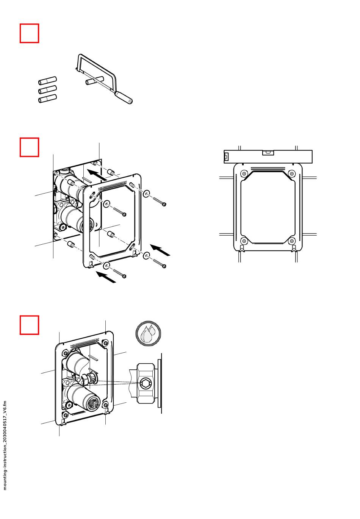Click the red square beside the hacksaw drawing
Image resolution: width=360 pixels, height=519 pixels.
pyautogui.click(x=29, y=33)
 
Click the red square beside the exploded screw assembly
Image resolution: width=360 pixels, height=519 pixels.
pyautogui.click(x=29, y=147)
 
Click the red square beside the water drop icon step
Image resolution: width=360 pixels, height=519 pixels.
pyautogui.click(x=29, y=325)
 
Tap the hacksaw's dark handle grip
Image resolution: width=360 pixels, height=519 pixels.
pyautogui.click(x=125, y=97)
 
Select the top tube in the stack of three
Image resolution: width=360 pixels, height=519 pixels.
pyautogui.click(x=47, y=81)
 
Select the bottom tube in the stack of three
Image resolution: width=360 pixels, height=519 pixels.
pyautogui.click(x=47, y=99)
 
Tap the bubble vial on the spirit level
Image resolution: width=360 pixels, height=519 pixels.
pyautogui.click(x=268, y=153)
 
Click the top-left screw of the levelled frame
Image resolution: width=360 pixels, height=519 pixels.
pyautogui.click(x=244, y=174)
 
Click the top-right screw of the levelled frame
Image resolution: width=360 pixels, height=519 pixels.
pyautogui.click(x=291, y=174)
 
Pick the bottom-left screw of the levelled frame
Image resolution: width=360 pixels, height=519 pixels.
pyautogui.click(x=244, y=241)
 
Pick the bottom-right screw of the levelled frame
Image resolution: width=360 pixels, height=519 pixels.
pyautogui.click(x=291, y=241)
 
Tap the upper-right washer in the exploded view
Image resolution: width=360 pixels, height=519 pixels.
pyautogui.click(x=147, y=194)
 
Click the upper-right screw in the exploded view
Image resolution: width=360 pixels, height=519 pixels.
pyautogui.click(x=159, y=201)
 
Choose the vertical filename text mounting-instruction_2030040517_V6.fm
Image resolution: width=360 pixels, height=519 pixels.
pyautogui.click(x=5, y=445)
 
